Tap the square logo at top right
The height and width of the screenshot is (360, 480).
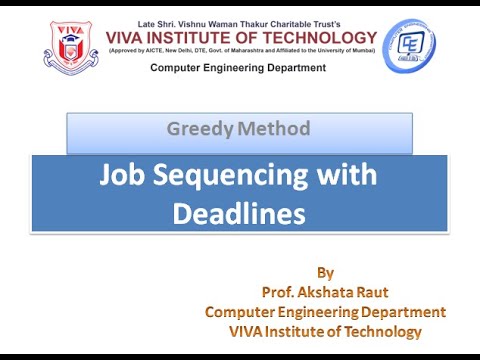(x=410, y=46)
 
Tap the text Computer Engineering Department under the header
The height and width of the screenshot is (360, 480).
(x=238, y=68)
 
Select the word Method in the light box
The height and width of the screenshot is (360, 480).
(x=274, y=128)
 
